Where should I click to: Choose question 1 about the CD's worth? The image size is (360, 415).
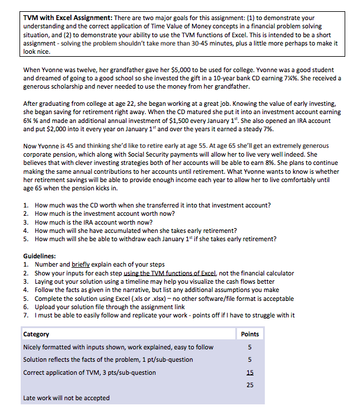[x=153, y=205]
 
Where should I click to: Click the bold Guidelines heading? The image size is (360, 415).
[x=40, y=256]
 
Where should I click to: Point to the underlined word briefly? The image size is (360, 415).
[x=83, y=264]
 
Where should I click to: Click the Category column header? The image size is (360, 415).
[x=36, y=334]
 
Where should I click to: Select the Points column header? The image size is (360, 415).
[x=250, y=334]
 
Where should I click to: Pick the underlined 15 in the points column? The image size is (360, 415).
[x=250, y=372]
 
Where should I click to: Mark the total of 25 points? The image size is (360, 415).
[x=250, y=385]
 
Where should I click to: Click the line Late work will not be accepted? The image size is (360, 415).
[x=66, y=398]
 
